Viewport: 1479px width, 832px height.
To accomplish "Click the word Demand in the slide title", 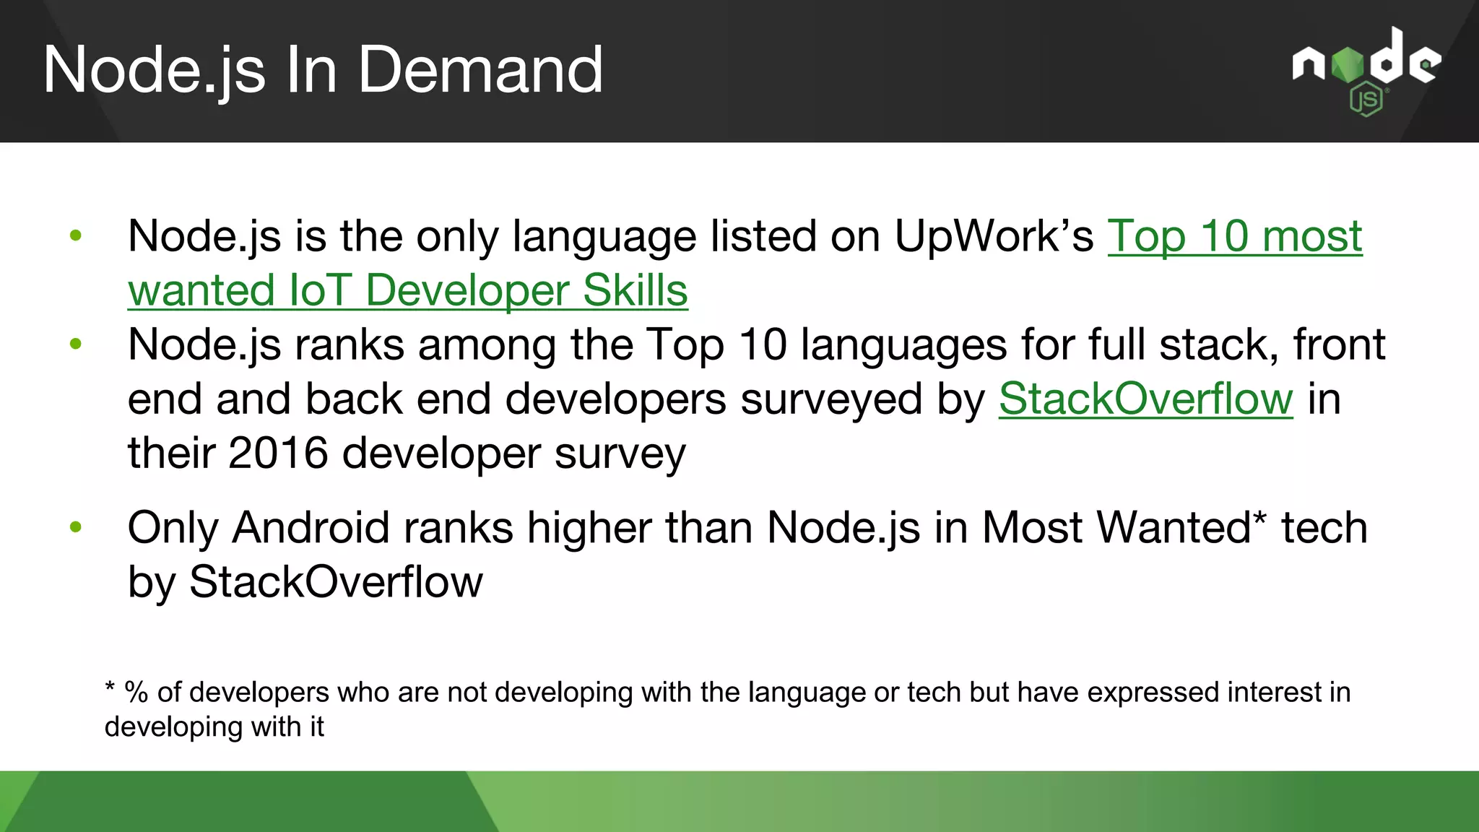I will click(x=480, y=70).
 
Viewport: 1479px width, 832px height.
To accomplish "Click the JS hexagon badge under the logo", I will click(x=1366, y=100).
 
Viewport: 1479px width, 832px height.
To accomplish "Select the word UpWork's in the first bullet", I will click(x=994, y=236).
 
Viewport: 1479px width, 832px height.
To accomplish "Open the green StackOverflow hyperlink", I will click(x=1145, y=399).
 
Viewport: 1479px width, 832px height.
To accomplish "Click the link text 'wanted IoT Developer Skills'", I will click(x=407, y=290).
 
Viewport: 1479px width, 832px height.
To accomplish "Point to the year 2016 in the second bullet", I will click(x=278, y=454).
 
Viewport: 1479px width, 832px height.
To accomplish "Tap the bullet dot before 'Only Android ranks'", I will click(x=76, y=527).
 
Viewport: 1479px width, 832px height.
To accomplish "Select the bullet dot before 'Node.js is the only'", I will click(x=76, y=235).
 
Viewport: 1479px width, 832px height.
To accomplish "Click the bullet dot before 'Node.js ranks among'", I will click(x=76, y=344).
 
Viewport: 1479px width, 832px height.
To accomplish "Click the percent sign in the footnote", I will click(x=136, y=693).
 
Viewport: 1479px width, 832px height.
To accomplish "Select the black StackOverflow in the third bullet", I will click(x=336, y=582).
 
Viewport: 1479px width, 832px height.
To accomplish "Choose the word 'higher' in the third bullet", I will click(x=589, y=527).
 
